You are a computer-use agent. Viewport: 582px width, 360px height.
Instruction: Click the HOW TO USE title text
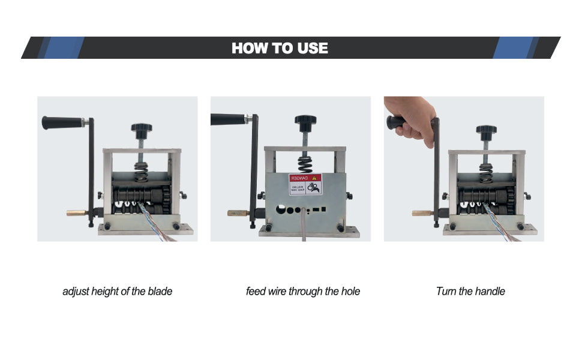point(280,48)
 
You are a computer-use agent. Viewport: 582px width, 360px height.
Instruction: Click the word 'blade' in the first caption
point(160,292)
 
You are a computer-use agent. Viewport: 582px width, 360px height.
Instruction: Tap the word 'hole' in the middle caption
point(350,292)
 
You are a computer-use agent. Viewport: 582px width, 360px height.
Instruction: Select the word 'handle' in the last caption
point(490,292)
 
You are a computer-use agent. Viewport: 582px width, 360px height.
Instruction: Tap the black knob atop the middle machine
point(307,122)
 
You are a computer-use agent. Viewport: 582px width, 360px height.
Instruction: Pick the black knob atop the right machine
point(487,130)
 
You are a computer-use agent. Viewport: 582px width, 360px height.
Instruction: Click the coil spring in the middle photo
point(307,163)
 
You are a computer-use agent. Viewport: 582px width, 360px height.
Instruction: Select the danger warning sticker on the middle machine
point(305,185)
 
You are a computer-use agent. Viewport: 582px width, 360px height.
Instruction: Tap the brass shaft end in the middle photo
point(235,212)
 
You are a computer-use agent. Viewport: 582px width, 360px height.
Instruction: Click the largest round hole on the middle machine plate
point(280,212)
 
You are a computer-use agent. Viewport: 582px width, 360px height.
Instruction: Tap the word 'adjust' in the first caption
point(76,292)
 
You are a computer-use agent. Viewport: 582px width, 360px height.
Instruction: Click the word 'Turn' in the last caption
point(446,292)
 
